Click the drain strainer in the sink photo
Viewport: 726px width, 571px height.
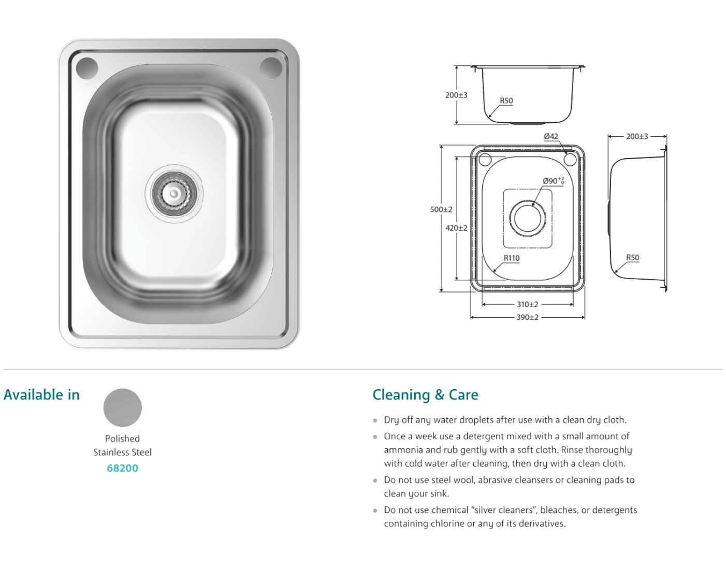click(x=174, y=194)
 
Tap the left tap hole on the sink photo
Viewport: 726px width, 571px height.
click(x=87, y=68)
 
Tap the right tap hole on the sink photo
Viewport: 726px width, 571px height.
click(x=271, y=68)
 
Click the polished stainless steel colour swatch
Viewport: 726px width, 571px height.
click(x=122, y=407)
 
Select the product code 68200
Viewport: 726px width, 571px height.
click(x=122, y=468)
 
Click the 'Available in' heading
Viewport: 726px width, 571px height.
click(x=42, y=395)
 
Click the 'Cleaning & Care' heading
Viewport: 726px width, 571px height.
click(x=425, y=395)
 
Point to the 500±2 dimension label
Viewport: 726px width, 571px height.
click(x=441, y=210)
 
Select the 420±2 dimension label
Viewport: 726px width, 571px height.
click(x=456, y=228)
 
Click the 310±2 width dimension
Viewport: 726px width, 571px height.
click(x=528, y=304)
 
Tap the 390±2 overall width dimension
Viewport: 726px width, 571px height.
click(x=528, y=317)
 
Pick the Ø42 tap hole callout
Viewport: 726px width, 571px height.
click(x=551, y=136)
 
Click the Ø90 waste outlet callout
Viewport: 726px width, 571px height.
click(x=554, y=181)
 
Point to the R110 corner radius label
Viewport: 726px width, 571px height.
click(x=512, y=258)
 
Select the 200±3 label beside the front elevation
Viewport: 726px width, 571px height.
click(x=456, y=95)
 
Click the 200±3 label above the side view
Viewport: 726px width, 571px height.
click(x=637, y=136)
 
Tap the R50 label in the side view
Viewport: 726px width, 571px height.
click(x=632, y=258)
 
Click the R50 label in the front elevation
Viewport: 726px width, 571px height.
click(x=506, y=101)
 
